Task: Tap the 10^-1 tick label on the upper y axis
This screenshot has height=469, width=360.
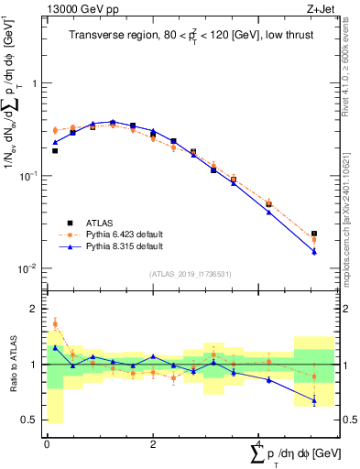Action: click(x=30, y=175)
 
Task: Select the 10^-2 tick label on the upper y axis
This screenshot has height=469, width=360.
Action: click(x=30, y=268)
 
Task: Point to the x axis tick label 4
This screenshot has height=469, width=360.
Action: click(x=259, y=444)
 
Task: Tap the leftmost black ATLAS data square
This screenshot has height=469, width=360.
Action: click(x=55, y=150)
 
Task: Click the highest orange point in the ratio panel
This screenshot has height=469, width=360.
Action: click(x=55, y=323)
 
